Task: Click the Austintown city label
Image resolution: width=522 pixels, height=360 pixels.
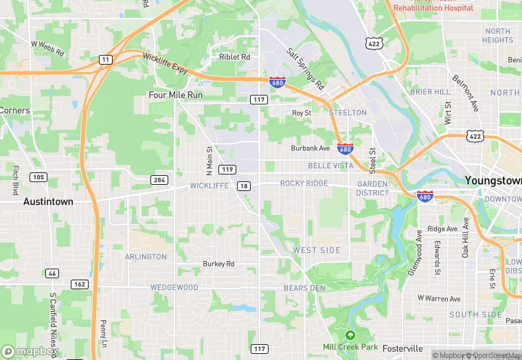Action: coord(48,202)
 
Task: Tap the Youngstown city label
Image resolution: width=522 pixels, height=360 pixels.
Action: coord(493,180)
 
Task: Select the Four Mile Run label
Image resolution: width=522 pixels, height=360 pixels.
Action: coord(176,95)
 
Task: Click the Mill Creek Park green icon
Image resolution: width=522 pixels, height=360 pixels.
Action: coord(350,335)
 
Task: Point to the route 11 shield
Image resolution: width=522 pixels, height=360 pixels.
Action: coord(104,60)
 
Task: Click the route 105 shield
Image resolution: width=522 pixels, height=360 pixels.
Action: coord(38,177)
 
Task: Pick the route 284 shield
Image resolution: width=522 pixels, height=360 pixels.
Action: coord(159,180)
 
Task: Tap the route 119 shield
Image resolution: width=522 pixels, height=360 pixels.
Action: coord(228,169)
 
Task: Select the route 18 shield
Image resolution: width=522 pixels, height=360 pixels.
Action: coord(244,186)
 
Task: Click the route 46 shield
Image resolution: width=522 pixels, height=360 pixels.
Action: coord(52,273)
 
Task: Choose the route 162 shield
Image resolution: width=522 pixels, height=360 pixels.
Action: coord(79,284)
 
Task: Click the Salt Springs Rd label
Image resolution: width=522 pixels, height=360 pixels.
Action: coord(306,69)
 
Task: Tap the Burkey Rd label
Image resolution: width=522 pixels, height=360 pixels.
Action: coord(218,264)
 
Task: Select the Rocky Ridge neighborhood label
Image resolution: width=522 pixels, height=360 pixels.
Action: coord(304,183)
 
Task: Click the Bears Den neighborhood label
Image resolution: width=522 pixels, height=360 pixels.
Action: coord(304,288)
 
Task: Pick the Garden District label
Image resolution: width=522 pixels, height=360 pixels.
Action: coord(372,188)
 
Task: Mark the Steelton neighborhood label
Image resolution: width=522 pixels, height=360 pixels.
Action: coord(348,113)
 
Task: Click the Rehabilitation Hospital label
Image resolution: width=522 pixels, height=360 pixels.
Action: coord(433,8)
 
